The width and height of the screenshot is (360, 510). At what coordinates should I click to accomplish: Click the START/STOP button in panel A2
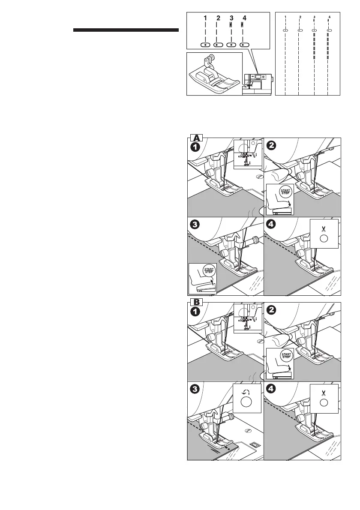(285, 191)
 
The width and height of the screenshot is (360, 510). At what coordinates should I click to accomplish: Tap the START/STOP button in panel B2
(285, 355)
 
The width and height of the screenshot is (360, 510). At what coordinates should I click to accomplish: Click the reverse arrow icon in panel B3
(246, 391)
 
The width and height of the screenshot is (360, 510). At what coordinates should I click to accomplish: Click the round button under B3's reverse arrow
(246, 402)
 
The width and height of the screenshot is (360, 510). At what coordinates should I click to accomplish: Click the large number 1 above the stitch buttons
(206, 18)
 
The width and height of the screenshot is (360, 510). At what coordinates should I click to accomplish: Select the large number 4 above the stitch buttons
(244, 18)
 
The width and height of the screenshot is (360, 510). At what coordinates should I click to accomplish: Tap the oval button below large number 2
(219, 45)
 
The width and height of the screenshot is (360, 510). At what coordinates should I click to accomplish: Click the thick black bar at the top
(126, 30)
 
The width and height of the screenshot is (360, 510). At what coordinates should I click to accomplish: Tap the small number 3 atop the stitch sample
(314, 17)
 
